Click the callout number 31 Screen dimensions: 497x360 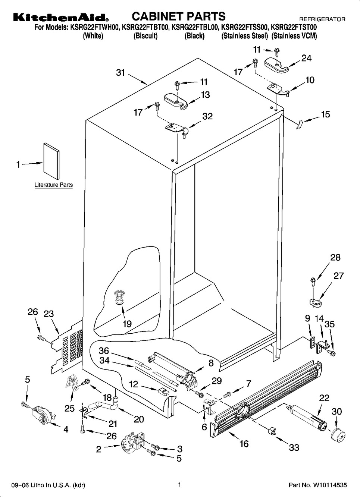120,73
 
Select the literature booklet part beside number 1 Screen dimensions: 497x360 51,159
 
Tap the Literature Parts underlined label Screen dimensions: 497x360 53,185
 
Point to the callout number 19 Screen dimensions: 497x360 127,324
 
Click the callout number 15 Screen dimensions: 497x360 325,114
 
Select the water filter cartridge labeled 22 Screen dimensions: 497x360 307,418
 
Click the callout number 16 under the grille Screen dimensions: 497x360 244,444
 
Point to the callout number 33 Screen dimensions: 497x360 294,447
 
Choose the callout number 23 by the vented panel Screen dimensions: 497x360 49,314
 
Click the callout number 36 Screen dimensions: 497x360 104,351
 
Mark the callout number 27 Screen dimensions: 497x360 338,276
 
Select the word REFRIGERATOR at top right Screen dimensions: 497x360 322,19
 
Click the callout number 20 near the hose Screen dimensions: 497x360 139,419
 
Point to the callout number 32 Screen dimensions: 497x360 207,116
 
